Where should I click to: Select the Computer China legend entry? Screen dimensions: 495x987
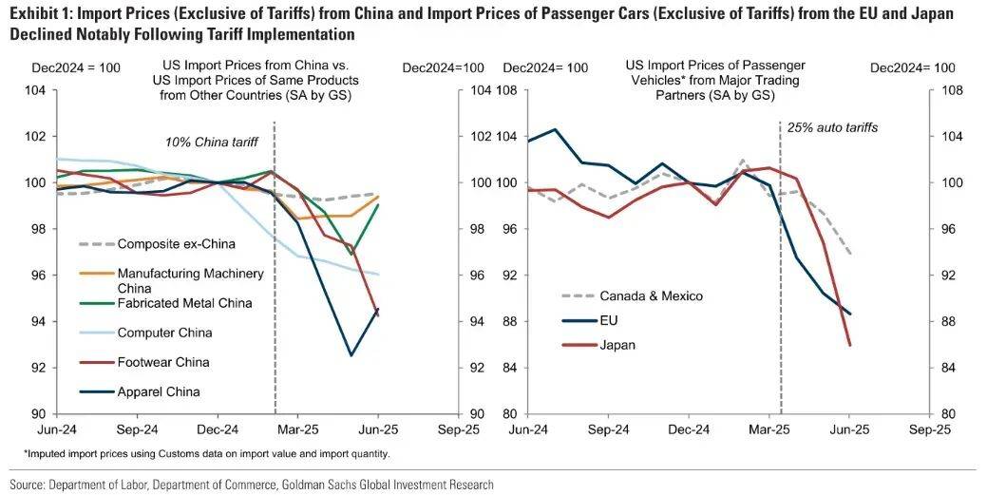click(x=164, y=333)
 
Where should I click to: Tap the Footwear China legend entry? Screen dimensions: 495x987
click(x=163, y=362)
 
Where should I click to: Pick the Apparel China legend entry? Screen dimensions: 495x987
click(x=159, y=391)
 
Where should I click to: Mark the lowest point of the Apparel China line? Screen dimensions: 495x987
click(x=351, y=355)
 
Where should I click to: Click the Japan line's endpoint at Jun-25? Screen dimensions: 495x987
click(x=848, y=345)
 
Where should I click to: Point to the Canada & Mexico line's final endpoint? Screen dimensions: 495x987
click(x=848, y=254)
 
